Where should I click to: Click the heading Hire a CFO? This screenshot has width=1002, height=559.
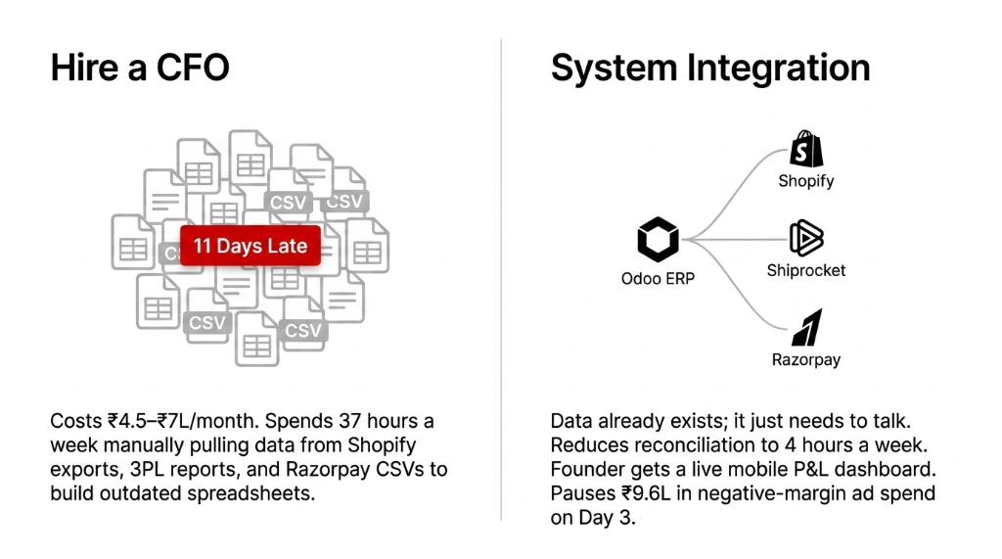140,68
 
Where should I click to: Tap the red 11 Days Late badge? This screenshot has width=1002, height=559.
250,246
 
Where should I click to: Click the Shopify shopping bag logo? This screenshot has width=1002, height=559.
806,149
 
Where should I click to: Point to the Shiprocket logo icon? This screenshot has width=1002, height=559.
806,238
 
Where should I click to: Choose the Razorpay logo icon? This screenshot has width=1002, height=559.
806,327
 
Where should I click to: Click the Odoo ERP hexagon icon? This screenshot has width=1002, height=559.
658,239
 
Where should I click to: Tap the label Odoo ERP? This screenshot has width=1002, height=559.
658,279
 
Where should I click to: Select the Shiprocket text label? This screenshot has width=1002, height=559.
806,270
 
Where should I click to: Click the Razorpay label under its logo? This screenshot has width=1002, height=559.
806,360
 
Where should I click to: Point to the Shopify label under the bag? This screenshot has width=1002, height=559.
806,181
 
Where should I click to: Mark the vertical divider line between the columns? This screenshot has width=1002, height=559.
501,280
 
